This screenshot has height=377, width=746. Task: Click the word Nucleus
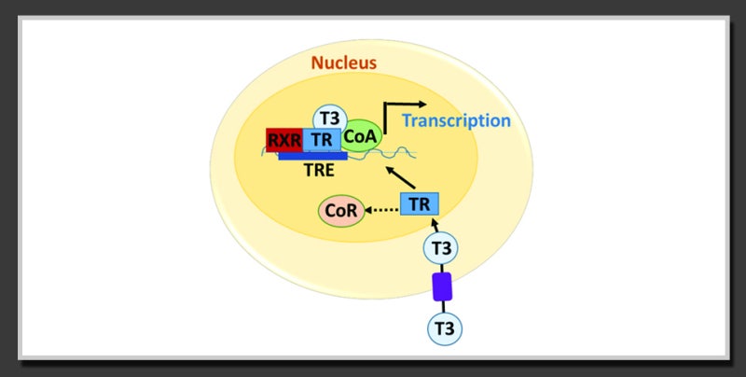343,63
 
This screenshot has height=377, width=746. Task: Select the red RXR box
284,140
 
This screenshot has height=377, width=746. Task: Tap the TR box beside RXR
322,140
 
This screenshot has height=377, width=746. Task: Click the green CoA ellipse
361,136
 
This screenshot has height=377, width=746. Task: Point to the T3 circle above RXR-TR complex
330,119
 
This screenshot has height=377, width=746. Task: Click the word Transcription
456,120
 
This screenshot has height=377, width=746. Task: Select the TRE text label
319,170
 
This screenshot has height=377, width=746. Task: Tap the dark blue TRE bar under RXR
312,156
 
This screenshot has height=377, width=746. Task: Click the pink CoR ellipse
341,210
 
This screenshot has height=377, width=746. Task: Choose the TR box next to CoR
419,203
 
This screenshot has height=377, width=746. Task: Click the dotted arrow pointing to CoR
381,209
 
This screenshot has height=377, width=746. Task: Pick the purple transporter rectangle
442,286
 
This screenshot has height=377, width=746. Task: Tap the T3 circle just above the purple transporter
441,247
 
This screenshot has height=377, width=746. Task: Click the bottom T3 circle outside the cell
445,328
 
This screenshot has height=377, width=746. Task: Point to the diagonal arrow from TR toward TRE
400,176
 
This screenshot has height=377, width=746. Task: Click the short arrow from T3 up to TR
435,225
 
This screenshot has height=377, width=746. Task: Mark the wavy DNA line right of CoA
399,153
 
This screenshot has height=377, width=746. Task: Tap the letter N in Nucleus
317,63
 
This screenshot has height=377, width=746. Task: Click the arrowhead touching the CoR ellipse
367,209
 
